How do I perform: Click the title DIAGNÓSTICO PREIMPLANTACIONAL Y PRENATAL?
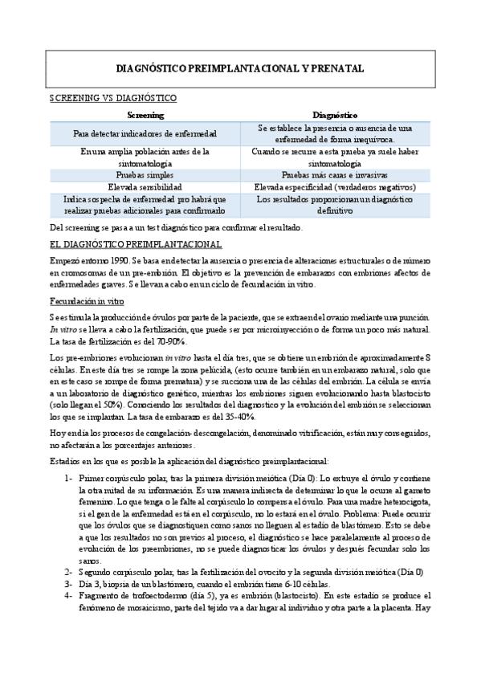240,69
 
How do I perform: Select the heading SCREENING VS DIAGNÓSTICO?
113,98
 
